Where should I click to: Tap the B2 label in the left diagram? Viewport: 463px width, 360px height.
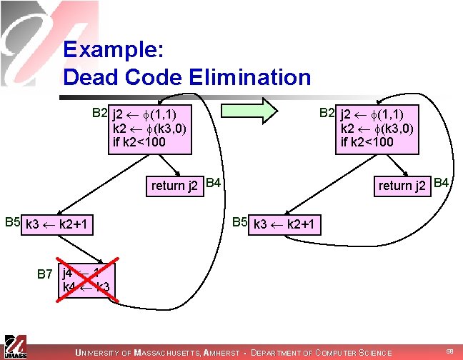coord(99,113)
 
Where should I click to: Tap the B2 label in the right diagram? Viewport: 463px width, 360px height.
coord(327,113)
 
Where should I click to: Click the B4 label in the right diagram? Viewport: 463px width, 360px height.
coord(442,184)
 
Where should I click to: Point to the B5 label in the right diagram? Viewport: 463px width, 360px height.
coord(240,223)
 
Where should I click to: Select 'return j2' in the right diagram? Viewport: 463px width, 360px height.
coord(402,186)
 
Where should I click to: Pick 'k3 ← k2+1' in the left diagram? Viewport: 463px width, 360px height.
coord(56,226)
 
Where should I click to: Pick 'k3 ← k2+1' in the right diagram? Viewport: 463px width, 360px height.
coord(284,226)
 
